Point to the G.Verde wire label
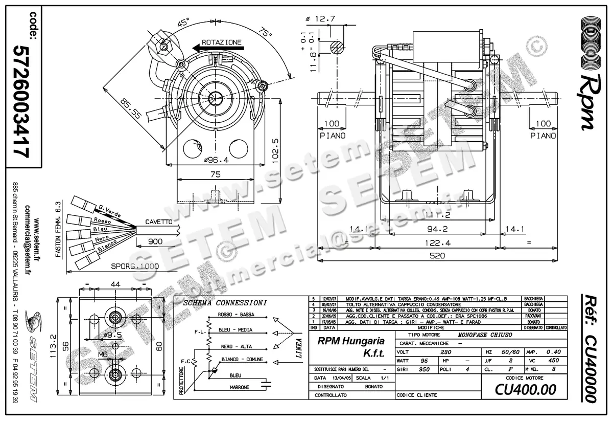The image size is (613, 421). point(109,211)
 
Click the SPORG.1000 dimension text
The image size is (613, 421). point(135,267)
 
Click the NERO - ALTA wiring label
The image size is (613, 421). point(235,346)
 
